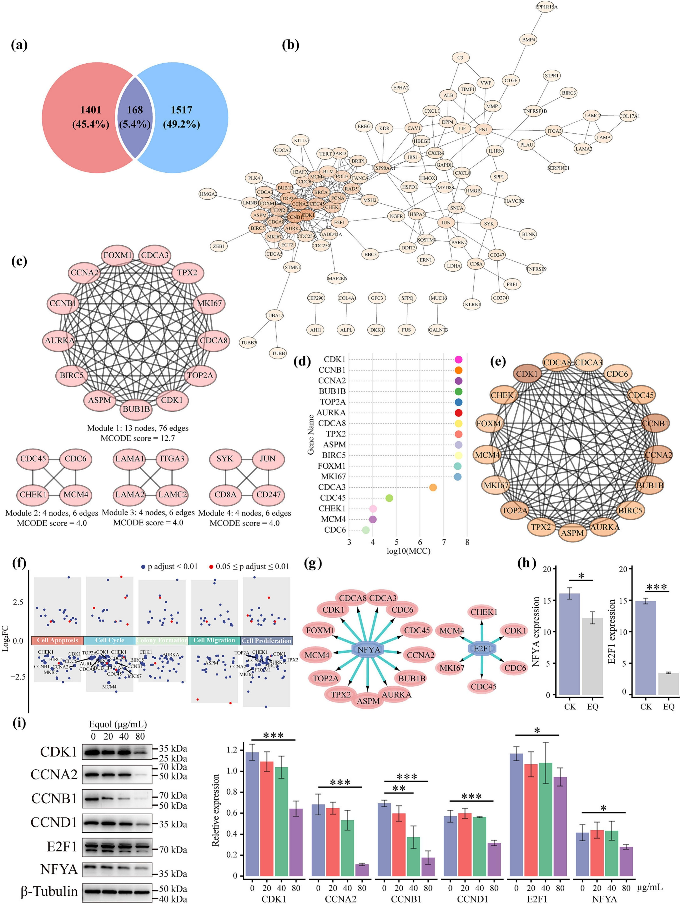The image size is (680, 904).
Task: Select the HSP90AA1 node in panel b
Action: (x=383, y=168)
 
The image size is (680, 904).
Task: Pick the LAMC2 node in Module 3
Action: (x=173, y=494)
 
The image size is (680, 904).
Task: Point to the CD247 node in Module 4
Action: (x=268, y=494)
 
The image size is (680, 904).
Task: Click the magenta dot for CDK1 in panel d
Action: (x=458, y=360)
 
